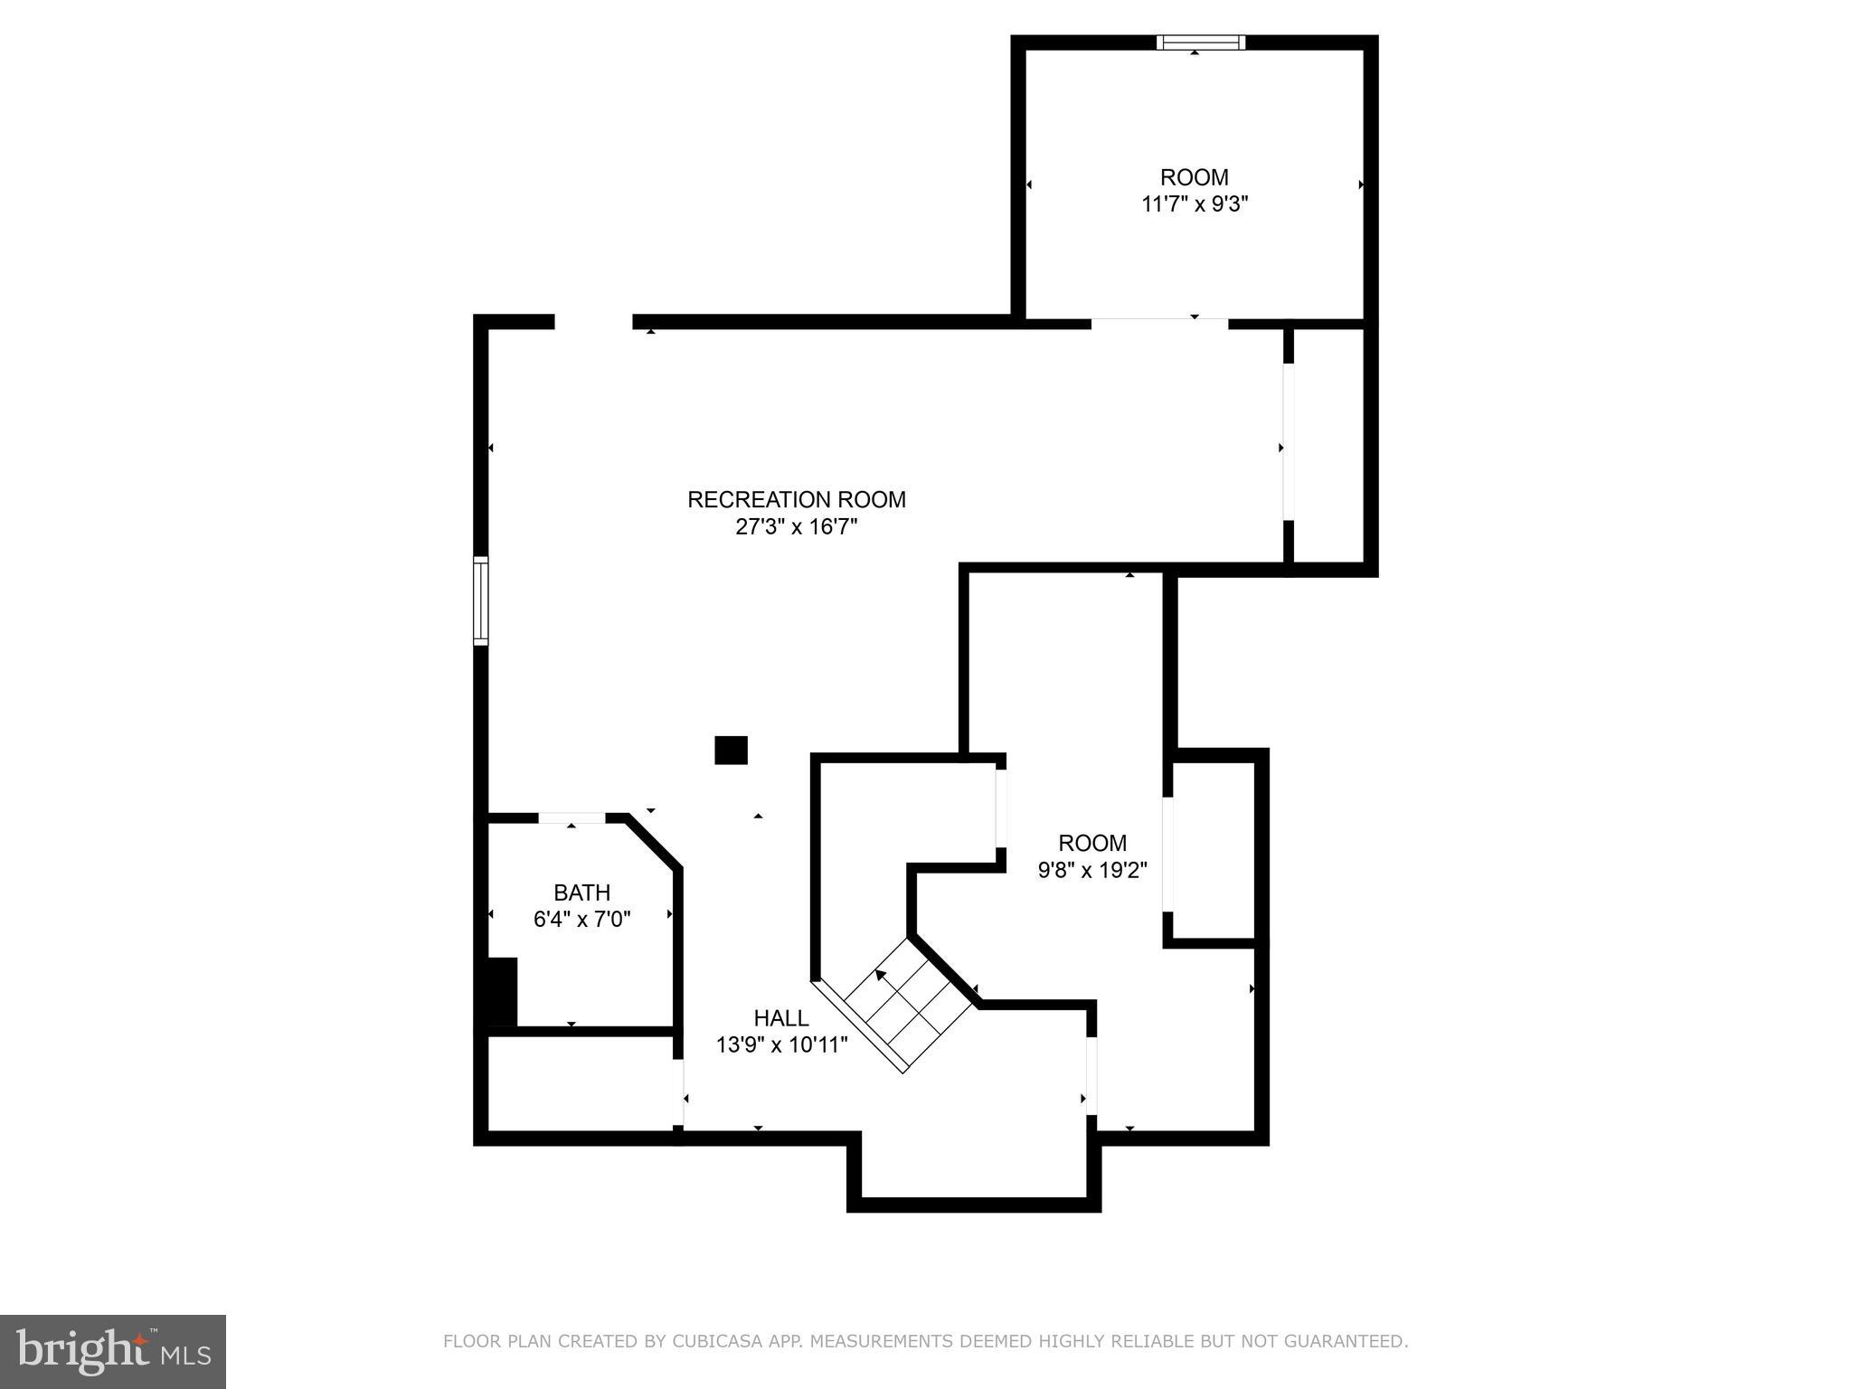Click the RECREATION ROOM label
pos(796,499)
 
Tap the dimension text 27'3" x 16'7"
pos(796,527)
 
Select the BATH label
pos(581,893)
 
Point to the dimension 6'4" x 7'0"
pos(581,920)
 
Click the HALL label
pos(781,1018)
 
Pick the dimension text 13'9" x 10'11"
pos(781,1045)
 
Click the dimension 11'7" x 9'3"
pos(1195,204)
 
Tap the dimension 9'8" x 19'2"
pos(1092,870)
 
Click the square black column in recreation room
pos(731,750)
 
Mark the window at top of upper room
pos(1201,43)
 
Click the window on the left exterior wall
pos(481,600)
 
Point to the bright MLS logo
pos(112,1351)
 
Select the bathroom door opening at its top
pos(572,817)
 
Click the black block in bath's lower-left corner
pos(500,993)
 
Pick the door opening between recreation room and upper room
pos(1158,322)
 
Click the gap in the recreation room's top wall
pos(593,322)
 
